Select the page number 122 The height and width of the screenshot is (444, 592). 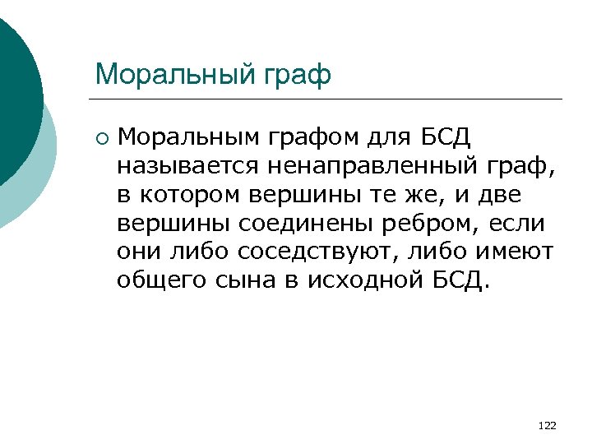pyautogui.click(x=546, y=425)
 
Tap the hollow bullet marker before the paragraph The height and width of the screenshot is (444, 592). pyautogui.click(x=100, y=136)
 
